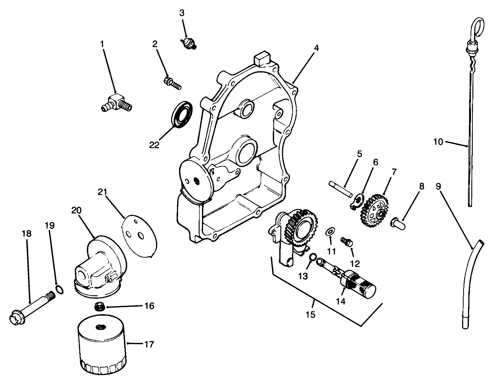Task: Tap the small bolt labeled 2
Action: coord(172,82)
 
